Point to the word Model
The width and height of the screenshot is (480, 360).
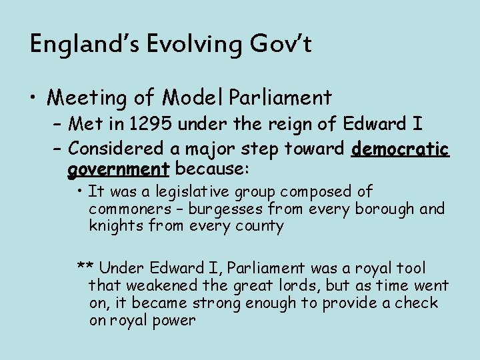(x=193, y=99)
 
